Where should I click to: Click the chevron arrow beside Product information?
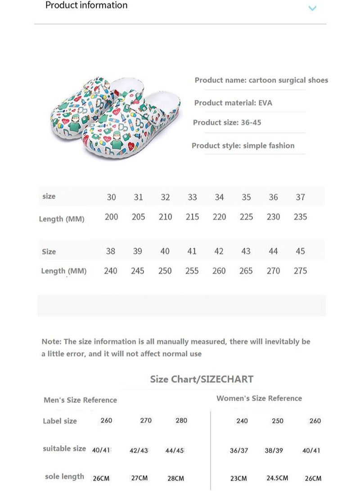click(x=312, y=8)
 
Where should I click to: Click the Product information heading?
click(x=86, y=5)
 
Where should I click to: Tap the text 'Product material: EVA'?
click(x=233, y=103)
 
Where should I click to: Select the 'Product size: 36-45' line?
click(x=227, y=122)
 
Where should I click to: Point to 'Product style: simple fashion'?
click(x=243, y=146)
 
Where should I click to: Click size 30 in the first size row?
click(x=111, y=197)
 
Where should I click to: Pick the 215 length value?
click(x=192, y=217)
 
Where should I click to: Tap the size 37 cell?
click(x=300, y=197)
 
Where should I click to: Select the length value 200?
click(x=111, y=217)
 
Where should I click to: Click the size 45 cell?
click(x=300, y=251)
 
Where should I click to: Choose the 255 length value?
click(x=192, y=271)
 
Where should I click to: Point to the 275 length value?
click(x=300, y=271)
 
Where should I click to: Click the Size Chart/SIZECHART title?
click(x=202, y=379)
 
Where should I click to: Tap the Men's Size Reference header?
click(x=80, y=400)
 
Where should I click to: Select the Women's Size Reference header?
click(x=259, y=398)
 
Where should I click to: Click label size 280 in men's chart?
click(x=181, y=421)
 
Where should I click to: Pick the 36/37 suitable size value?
click(x=239, y=450)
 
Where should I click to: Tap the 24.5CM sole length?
click(x=277, y=478)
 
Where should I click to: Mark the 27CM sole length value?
click(x=139, y=478)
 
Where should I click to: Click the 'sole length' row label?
click(x=64, y=477)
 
